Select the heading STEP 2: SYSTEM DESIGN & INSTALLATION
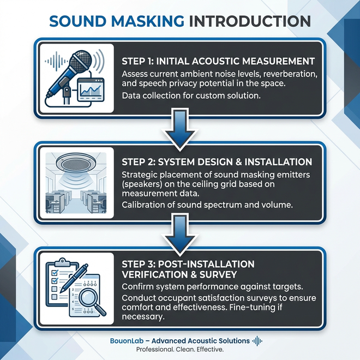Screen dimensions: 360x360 pyautogui.click(x=217, y=161)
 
